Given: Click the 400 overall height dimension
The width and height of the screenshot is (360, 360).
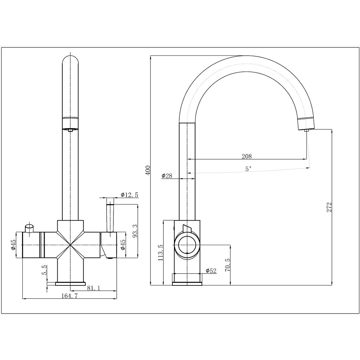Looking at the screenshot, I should pyautogui.click(x=147, y=170).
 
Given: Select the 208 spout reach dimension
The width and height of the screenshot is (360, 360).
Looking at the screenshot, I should pyautogui.click(x=247, y=156).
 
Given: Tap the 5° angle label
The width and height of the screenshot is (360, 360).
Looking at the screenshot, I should pyautogui.click(x=248, y=168).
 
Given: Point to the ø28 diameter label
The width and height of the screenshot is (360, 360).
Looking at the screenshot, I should pyautogui.click(x=167, y=176).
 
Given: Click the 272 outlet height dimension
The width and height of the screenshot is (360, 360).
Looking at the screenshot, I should pyautogui.click(x=329, y=207).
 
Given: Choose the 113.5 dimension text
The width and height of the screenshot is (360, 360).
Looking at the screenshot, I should pyautogui.click(x=161, y=252).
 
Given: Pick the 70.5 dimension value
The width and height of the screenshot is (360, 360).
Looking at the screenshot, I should pyautogui.click(x=227, y=265).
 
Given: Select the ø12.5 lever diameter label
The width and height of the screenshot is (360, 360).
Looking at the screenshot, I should pyautogui.click(x=129, y=195).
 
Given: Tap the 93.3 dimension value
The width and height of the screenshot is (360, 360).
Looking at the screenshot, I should pyautogui.click(x=135, y=231).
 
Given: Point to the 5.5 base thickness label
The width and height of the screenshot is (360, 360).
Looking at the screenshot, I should pyautogui.click(x=45, y=270).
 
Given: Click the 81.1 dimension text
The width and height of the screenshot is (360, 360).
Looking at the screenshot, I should pyautogui.click(x=94, y=288).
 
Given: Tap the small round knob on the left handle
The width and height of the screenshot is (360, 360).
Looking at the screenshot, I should pyautogui.click(x=29, y=228).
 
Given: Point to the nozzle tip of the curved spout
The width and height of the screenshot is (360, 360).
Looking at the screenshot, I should pyautogui.click(x=306, y=131).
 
